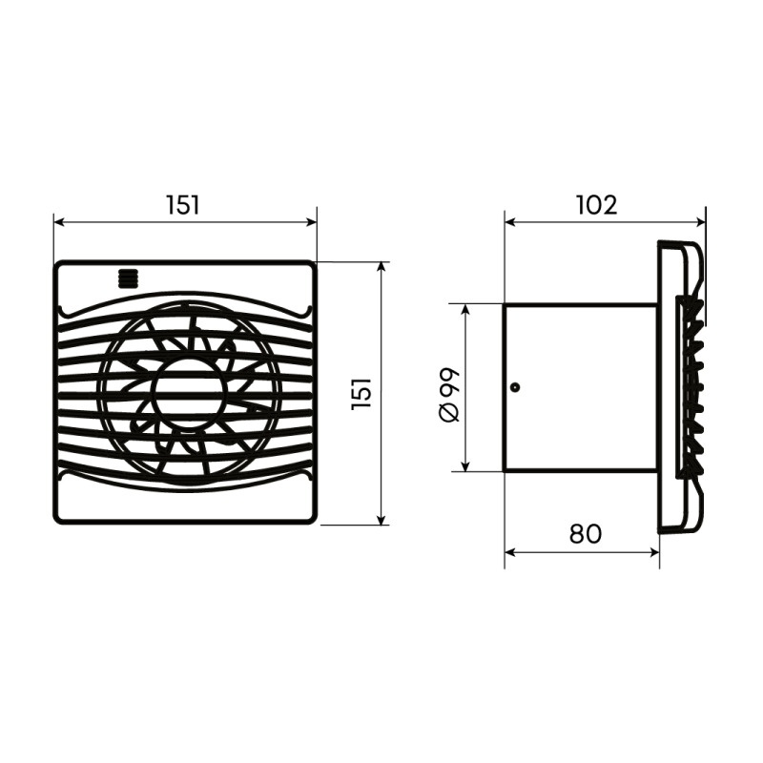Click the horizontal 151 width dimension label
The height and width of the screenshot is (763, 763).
[x=183, y=205]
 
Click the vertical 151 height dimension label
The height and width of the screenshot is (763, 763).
[x=361, y=393]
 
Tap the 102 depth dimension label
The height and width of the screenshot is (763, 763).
[x=597, y=205]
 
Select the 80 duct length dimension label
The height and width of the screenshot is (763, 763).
[x=586, y=534]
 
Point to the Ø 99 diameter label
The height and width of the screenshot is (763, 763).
[x=449, y=393]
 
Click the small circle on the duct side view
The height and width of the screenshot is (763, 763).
[x=515, y=387]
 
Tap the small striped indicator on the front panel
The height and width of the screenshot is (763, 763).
[x=128, y=278]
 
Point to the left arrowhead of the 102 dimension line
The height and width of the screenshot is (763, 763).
[x=510, y=222]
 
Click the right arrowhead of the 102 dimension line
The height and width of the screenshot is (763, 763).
[x=700, y=222]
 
